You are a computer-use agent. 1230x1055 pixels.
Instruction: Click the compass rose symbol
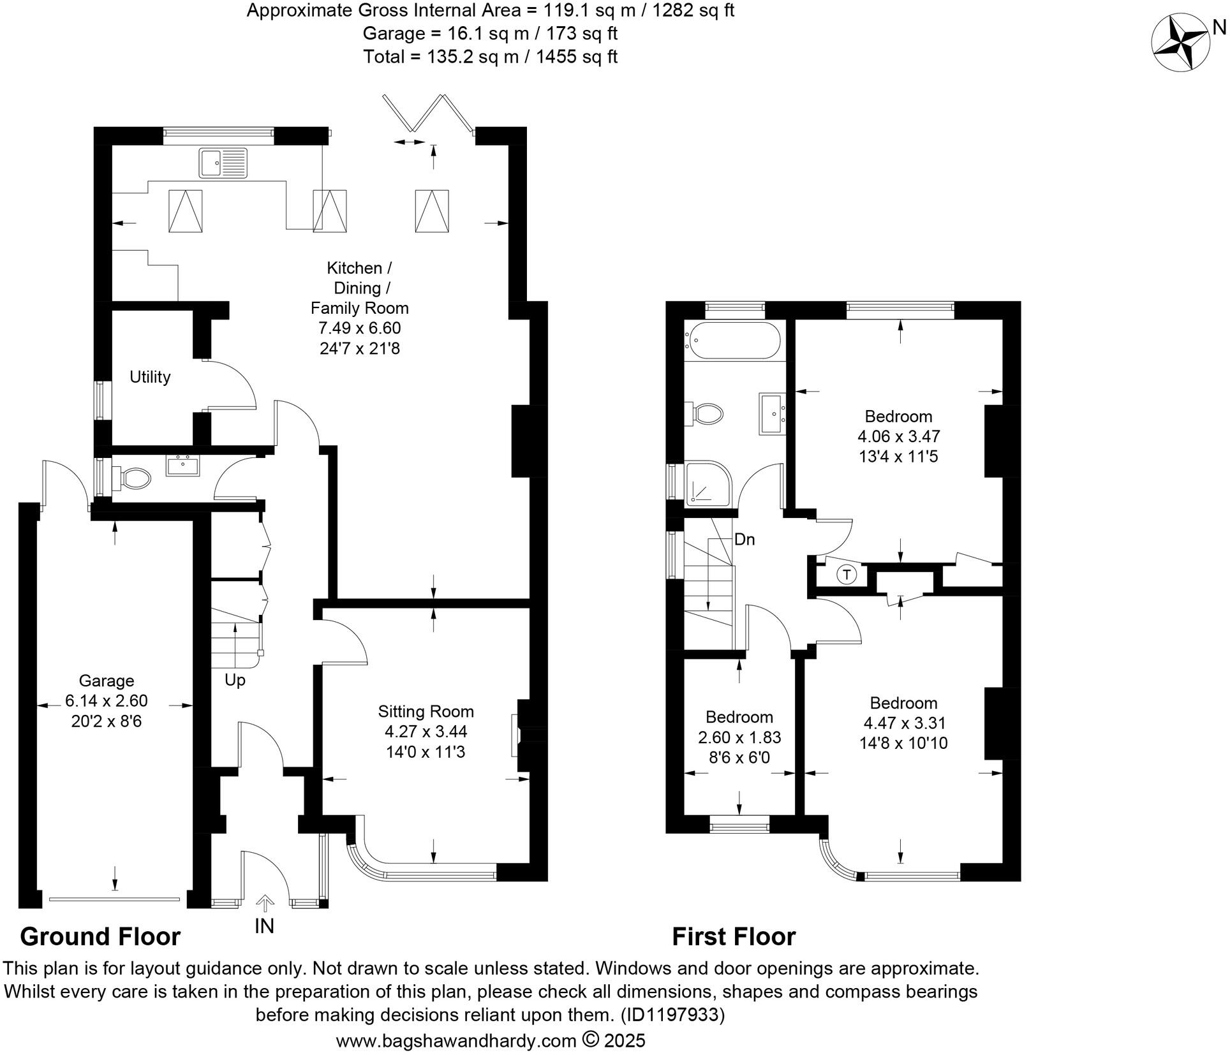tap(1180, 43)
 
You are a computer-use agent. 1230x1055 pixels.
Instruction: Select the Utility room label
tap(150, 377)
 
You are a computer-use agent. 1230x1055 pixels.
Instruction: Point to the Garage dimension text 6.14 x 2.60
tap(107, 701)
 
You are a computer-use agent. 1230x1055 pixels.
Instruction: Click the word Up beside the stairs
tap(235, 681)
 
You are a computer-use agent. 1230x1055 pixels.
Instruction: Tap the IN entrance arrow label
tap(264, 926)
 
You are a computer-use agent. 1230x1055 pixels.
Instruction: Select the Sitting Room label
tap(426, 711)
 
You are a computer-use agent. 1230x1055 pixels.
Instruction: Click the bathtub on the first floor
tap(732, 341)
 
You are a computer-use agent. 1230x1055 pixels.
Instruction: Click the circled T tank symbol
tap(847, 575)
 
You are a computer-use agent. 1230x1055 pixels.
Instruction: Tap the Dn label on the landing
tap(745, 540)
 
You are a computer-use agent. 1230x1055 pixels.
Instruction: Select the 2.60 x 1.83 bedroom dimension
tap(739, 737)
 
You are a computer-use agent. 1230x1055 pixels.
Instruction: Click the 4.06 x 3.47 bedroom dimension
tap(898, 437)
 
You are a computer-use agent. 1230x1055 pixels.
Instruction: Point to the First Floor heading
tap(734, 936)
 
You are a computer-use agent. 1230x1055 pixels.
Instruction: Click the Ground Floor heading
tap(100, 936)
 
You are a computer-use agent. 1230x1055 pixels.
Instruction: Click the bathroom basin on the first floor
tap(773, 414)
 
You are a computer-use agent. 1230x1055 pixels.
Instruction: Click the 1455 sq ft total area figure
tap(577, 57)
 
